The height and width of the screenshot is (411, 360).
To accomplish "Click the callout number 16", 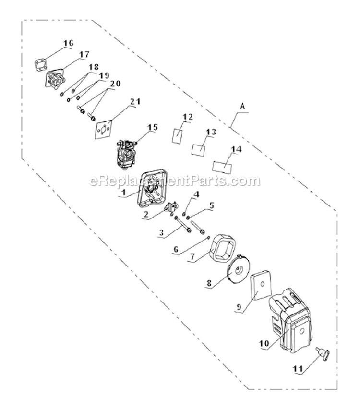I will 68,44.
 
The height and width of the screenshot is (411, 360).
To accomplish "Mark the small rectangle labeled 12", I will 178,135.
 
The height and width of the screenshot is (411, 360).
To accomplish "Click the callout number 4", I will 196,194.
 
